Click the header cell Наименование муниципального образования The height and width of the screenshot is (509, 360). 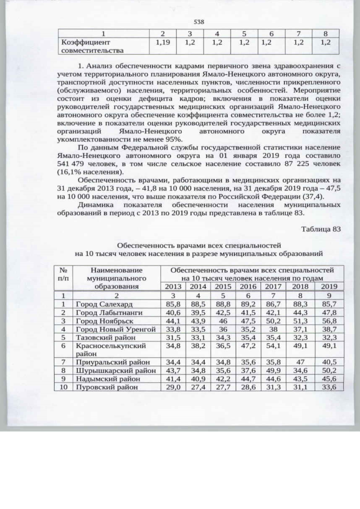tap(116, 278)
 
